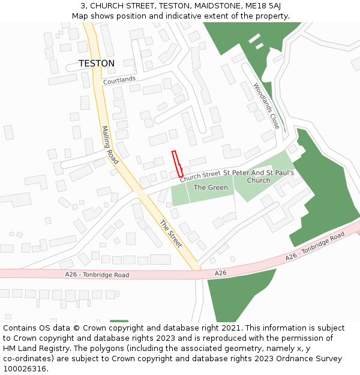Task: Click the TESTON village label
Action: [x=96, y=63]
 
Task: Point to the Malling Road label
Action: [x=110, y=145]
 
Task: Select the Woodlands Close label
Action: [x=266, y=106]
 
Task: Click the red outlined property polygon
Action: [x=178, y=164]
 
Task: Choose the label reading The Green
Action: [x=211, y=188]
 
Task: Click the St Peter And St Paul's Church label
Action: [x=259, y=176]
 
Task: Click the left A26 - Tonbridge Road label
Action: [x=97, y=275]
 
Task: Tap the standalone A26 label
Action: [x=220, y=273]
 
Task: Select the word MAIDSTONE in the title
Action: [x=218, y=6]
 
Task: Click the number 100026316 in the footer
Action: [x=26, y=368]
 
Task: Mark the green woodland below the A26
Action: [x=240, y=300]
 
